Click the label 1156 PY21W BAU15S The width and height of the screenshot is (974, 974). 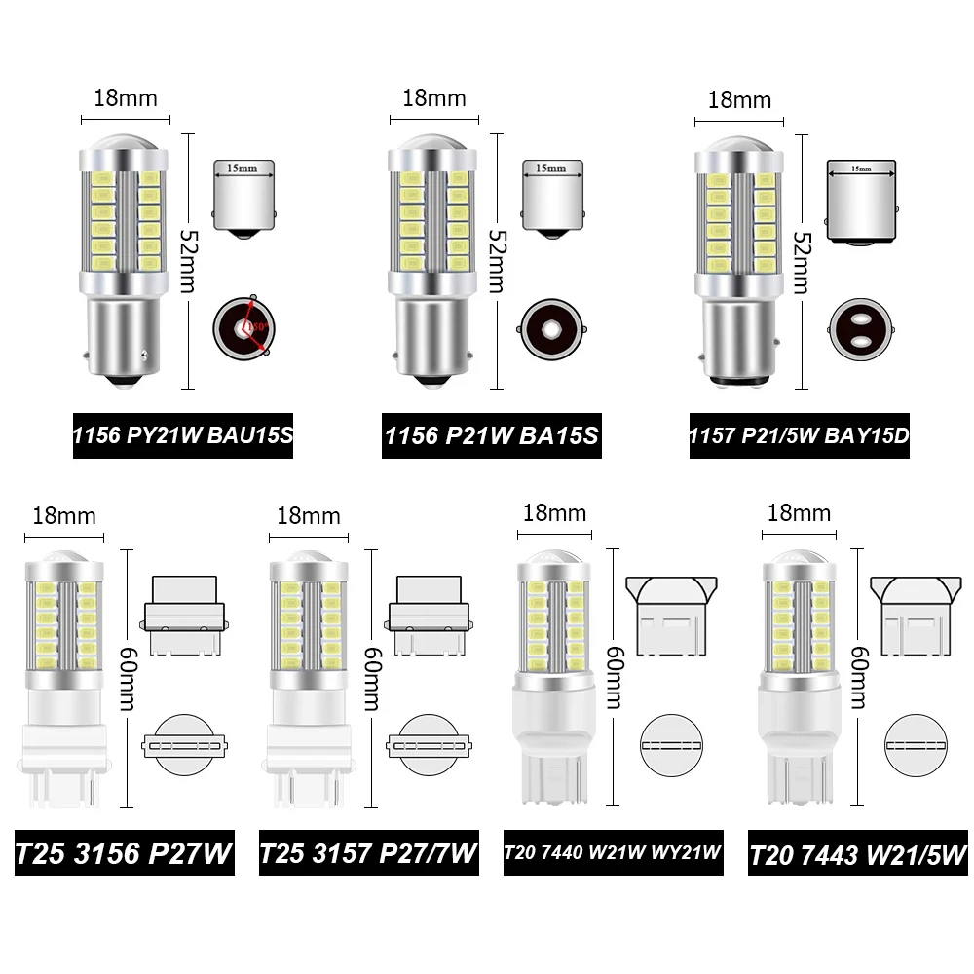(x=183, y=437)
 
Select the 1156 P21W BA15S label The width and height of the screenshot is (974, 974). (x=491, y=437)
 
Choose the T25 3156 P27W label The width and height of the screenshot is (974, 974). (x=124, y=854)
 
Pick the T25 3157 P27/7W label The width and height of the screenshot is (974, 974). (x=368, y=854)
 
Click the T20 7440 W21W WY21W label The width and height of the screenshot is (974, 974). (x=613, y=854)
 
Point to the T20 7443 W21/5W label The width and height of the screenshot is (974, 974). (x=858, y=854)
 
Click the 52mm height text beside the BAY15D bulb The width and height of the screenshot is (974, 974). (x=802, y=262)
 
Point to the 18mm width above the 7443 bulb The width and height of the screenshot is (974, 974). (x=800, y=513)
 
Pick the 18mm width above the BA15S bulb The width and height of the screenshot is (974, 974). (x=433, y=98)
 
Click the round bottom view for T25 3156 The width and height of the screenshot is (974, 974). (x=182, y=745)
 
